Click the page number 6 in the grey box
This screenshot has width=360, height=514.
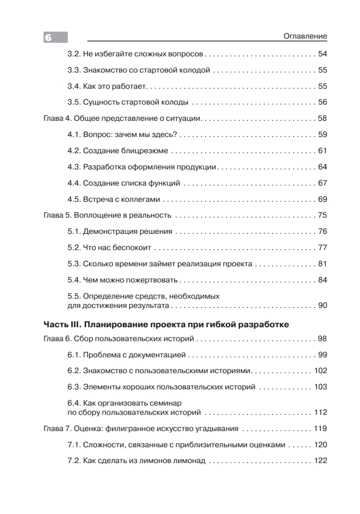48,38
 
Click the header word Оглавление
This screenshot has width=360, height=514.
305,36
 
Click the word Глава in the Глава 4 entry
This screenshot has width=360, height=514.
54,118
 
